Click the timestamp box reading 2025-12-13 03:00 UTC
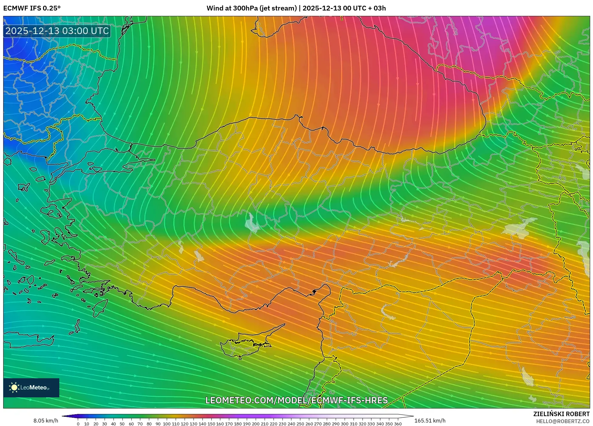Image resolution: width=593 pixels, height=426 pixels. pos(57,31)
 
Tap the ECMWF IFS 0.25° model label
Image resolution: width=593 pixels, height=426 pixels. pos(32,8)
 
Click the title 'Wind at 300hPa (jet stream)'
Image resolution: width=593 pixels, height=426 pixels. pos(252,8)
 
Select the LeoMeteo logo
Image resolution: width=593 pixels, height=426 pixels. pos(31,387)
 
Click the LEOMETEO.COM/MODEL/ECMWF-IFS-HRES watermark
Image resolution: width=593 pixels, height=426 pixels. pos(296,400)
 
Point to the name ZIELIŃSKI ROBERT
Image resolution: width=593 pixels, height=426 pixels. pos(561,414)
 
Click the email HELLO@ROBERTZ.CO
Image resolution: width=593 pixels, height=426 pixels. pos(563,421)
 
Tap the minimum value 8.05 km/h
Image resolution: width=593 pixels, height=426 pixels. pos(46,421)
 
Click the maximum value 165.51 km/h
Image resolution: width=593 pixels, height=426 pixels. pos(430,421)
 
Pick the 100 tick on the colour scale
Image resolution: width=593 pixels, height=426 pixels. pos(167,424)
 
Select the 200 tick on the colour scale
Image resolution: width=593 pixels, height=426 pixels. pos(256,424)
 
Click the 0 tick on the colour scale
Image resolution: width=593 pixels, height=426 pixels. pos(78,424)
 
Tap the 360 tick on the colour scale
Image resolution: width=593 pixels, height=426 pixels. pos(398,424)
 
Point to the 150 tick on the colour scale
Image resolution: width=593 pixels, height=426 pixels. pos(211,424)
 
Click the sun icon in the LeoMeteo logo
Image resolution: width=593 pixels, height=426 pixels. pos(14,387)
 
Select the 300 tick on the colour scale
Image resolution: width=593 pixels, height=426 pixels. pos(344,424)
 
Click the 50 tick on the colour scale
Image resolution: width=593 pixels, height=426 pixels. pos(122,424)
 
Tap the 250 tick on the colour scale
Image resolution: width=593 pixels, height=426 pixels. pos(300,424)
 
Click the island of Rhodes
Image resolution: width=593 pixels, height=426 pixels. pos(100,307)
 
